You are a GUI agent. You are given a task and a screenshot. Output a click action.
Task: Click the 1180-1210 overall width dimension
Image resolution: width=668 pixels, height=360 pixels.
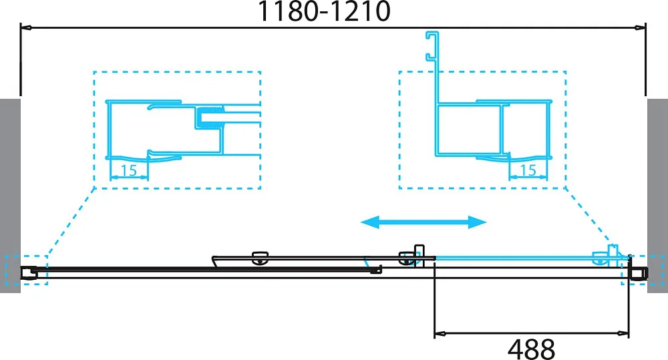[324, 11]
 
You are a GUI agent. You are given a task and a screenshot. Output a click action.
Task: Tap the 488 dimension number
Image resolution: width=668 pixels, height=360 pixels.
[531, 349]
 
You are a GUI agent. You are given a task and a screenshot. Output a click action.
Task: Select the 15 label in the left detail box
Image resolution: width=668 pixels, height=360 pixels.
[129, 170]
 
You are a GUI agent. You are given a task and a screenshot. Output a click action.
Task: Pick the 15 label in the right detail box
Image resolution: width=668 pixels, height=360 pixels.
[528, 170]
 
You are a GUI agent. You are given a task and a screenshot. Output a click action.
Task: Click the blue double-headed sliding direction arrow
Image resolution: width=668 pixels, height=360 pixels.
[424, 222]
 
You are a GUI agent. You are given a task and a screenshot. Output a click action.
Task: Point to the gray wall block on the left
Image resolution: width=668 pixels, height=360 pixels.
[10, 196]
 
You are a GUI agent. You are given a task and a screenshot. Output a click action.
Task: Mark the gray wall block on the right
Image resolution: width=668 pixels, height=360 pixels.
[657, 196]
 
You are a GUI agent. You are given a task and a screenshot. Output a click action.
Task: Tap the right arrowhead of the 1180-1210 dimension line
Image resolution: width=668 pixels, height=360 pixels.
[640, 28]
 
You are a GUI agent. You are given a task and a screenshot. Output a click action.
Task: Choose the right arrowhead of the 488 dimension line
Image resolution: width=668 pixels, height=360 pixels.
[623, 333]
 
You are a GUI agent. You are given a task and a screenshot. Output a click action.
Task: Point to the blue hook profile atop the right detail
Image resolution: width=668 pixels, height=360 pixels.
[432, 46]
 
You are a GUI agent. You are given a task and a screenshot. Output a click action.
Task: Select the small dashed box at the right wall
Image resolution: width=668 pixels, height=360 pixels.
[643, 270]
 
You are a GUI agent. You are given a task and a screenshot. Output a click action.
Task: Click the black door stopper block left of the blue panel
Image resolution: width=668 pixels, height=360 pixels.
[420, 255]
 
